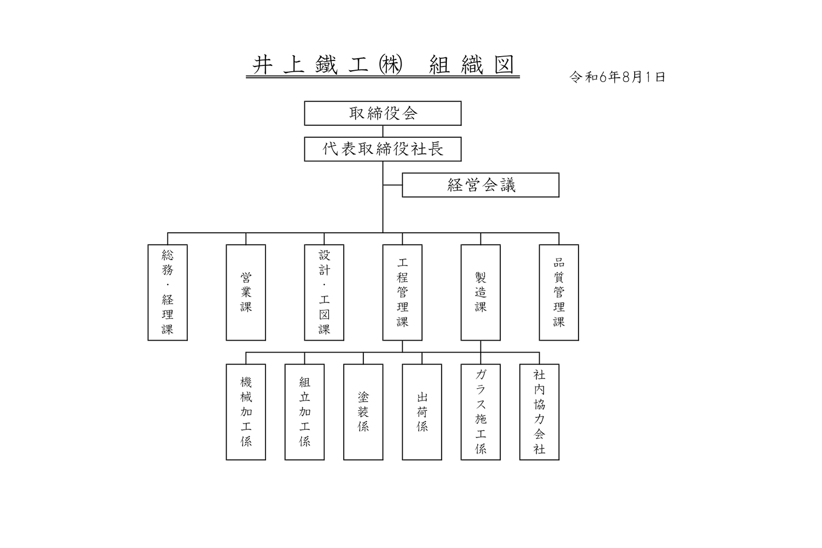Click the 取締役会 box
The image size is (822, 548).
pyautogui.click(x=383, y=113)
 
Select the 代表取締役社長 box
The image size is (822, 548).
pyautogui.click(x=383, y=149)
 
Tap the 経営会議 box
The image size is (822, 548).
pyautogui.click(x=481, y=185)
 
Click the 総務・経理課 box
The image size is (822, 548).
pyautogui.click(x=168, y=293)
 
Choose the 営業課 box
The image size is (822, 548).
pyautogui.click(x=246, y=293)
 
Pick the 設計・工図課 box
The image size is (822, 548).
pyautogui.click(x=324, y=293)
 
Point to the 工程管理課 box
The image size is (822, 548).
pyautogui.click(x=403, y=293)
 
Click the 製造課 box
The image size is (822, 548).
pyautogui.click(x=481, y=293)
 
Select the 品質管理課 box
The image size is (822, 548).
pyautogui.click(x=559, y=293)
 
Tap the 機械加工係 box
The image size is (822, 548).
pyautogui.click(x=246, y=412)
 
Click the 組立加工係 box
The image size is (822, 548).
pyautogui.click(x=304, y=412)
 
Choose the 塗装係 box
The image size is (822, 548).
pyautogui.click(x=363, y=412)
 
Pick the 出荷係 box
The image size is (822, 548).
pyautogui.click(x=422, y=412)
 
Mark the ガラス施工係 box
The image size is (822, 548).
pyautogui.click(x=481, y=412)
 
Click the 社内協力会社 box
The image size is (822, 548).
pyautogui.click(x=539, y=412)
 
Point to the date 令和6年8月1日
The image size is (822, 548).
pyautogui.click(x=617, y=77)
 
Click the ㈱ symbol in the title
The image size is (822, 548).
pyautogui.click(x=390, y=65)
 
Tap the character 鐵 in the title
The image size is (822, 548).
pyautogui.click(x=326, y=65)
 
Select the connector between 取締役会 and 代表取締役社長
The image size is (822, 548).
pyautogui.click(x=383, y=131)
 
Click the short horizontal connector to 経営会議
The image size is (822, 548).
pyautogui.click(x=393, y=185)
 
